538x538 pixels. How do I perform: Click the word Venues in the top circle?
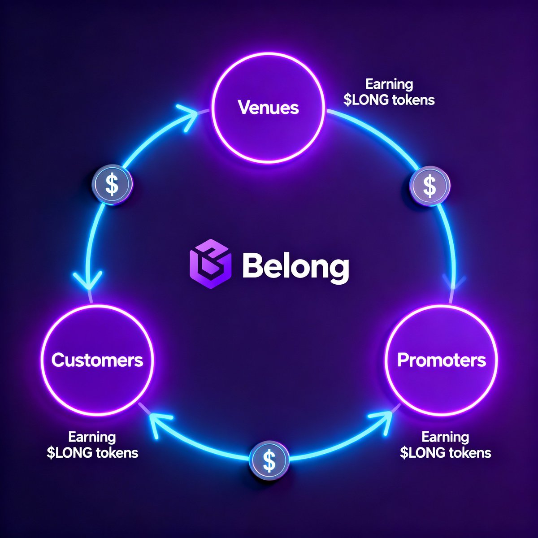click(268, 108)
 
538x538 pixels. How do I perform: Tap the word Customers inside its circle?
click(97, 360)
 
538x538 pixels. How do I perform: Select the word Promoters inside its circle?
click(442, 360)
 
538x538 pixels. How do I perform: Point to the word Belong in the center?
click(295, 267)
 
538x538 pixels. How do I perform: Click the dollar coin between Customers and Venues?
click(112, 184)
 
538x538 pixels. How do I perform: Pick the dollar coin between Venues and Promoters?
click(430, 186)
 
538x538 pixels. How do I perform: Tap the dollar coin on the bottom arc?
click(269, 460)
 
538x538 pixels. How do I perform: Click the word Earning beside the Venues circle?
click(389, 84)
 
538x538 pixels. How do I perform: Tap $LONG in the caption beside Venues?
click(366, 100)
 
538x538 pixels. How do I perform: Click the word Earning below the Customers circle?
click(92, 437)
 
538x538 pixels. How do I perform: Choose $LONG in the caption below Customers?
click(69, 452)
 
